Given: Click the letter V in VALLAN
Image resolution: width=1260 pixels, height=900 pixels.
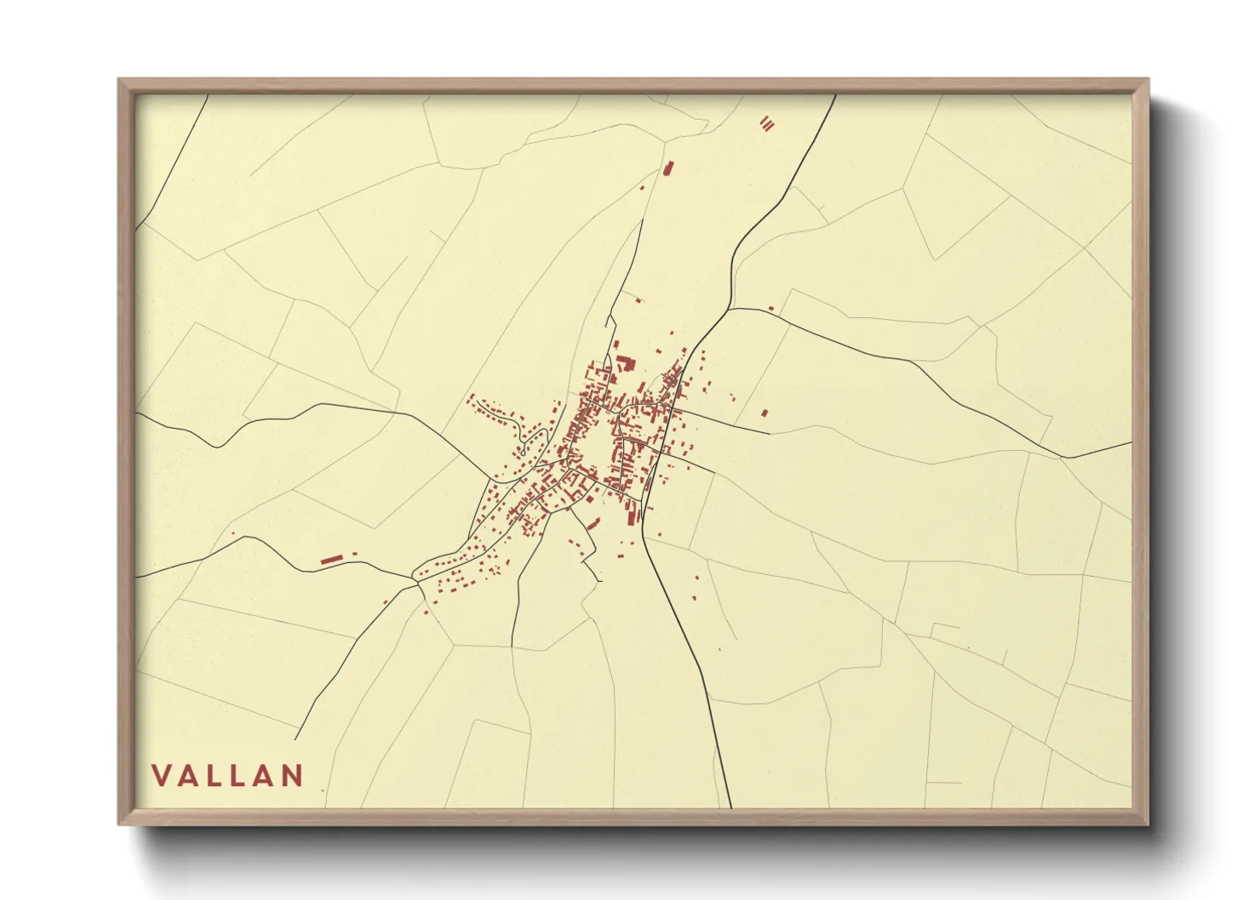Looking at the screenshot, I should (161, 776).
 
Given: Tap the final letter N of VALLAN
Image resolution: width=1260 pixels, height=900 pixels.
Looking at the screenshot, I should (293, 776).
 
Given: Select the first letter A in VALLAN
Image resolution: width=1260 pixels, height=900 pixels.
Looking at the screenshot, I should (188, 776).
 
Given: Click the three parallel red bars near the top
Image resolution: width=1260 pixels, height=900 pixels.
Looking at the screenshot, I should (767, 124).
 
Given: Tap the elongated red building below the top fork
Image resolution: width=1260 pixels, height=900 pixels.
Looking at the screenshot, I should (667, 168).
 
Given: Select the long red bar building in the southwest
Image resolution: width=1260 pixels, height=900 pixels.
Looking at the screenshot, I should (331, 559).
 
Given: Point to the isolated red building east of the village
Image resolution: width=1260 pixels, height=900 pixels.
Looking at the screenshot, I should (765, 413).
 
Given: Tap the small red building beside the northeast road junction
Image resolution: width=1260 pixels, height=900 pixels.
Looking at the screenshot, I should (770, 309).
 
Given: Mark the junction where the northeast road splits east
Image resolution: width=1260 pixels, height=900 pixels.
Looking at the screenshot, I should (730, 309).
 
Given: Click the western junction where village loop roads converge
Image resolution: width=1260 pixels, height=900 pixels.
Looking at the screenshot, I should (415, 578).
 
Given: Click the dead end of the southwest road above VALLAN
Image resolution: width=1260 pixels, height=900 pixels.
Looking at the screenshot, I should (295, 739).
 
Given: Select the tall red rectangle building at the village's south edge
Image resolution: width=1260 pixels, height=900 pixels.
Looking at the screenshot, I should (631, 514).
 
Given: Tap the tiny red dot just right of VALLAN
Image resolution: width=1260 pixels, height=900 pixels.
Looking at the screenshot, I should (323, 790).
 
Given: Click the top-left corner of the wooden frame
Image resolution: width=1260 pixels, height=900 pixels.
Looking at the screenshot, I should (119, 79).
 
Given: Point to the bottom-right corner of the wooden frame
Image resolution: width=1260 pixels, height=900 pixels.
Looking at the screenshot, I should (1148, 824).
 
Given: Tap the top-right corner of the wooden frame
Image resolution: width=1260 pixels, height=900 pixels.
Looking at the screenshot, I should (1148, 79).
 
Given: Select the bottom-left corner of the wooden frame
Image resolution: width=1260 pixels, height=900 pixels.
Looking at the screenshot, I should (119, 824).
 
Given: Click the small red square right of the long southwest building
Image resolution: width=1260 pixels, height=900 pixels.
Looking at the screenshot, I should (354, 554).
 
